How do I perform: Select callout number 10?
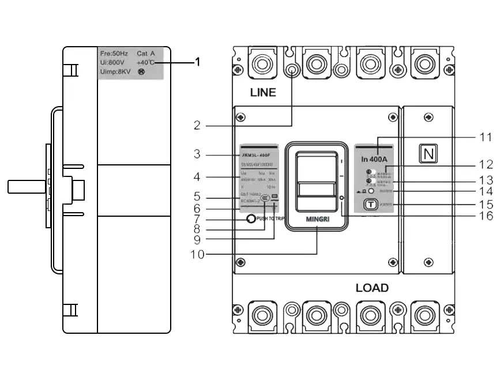[x=197, y=254]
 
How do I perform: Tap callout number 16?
[x=487, y=216]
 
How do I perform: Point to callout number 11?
[x=487, y=137]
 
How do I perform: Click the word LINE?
[x=263, y=92]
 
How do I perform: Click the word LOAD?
[x=372, y=288]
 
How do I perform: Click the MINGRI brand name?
[x=317, y=220]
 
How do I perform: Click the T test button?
[x=370, y=203]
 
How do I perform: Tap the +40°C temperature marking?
[x=145, y=63]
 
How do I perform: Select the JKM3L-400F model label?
[x=255, y=155]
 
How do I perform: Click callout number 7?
[x=197, y=220]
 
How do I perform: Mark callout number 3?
[x=197, y=154]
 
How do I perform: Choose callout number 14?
[x=487, y=191]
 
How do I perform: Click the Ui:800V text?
[x=113, y=63]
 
